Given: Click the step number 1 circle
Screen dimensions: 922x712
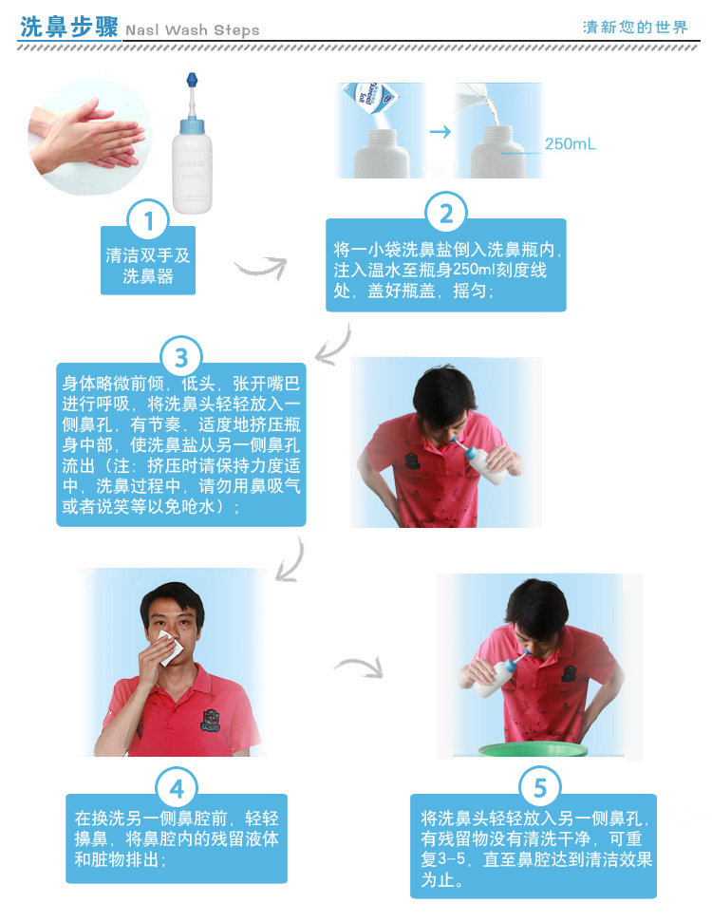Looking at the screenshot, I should point(147,223).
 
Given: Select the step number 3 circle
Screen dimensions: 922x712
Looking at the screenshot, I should point(181,358).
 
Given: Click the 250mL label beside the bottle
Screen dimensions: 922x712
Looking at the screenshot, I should point(571,144).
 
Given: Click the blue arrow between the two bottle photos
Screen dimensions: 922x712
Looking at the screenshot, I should point(440,131).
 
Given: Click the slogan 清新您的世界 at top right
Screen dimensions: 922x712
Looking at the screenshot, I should point(635,28).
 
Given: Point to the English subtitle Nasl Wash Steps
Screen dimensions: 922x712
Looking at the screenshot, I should point(193,30).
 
